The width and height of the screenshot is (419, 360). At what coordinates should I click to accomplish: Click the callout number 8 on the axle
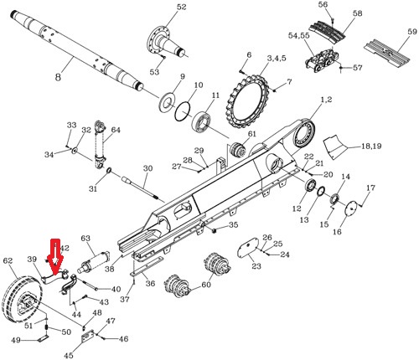click(x=58, y=77)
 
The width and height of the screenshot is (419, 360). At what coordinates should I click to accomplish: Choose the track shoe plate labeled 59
click(x=387, y=52)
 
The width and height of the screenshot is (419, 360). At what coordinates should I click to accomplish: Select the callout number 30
click(x=147, y=169)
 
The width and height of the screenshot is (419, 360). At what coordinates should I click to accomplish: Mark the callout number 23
click(x=256, y=266)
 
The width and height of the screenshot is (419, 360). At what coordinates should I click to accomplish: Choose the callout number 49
click(x=15, y=340)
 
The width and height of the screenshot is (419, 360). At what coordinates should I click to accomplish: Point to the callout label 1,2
click(x=326, y=100)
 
